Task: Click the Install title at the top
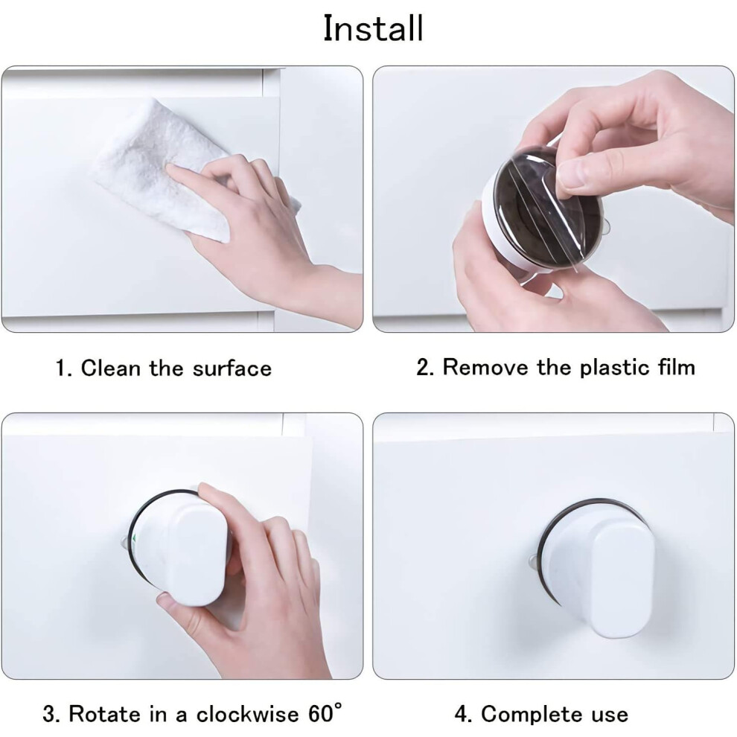coord(374,28)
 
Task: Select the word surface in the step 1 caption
coord(232,368)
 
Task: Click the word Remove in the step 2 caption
coord(485,367)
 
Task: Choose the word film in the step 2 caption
coord(677,367)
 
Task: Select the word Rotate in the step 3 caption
coord(105,714)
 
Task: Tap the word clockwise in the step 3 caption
coord(247,714)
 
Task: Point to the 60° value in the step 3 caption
coord(325,713)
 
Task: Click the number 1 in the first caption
coord(60,368)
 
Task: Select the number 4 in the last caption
coord(461,715)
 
